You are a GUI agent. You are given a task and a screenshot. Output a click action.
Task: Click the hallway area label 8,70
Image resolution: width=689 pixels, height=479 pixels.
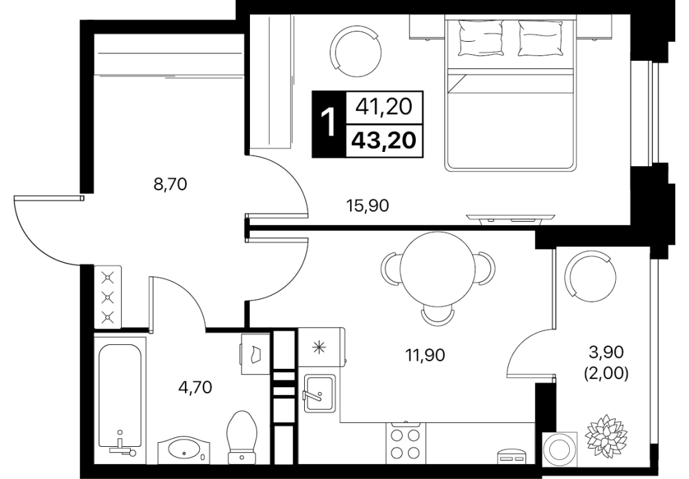[170, 184]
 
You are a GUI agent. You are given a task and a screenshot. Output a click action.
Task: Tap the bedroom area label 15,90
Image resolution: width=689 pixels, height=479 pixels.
[368, 205]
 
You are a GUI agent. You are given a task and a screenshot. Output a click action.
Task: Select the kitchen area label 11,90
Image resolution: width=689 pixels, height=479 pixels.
[425, 354]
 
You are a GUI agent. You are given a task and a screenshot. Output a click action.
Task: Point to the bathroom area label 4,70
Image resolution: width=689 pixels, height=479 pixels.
[195, 387]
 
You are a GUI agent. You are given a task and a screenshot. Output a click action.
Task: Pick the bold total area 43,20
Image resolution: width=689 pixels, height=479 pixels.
[384, 141]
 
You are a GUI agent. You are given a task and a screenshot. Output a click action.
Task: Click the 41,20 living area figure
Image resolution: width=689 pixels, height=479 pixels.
[384, 107]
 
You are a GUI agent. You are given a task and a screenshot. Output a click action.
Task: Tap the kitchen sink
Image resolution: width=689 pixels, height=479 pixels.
[319, 393]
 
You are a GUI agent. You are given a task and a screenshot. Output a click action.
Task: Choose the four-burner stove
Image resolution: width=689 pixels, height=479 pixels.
[406, 444]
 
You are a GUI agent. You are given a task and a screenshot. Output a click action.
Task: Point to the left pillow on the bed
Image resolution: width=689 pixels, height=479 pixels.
[481, 38]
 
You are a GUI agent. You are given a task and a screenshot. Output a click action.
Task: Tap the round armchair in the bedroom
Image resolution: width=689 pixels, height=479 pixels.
[356, 50]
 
